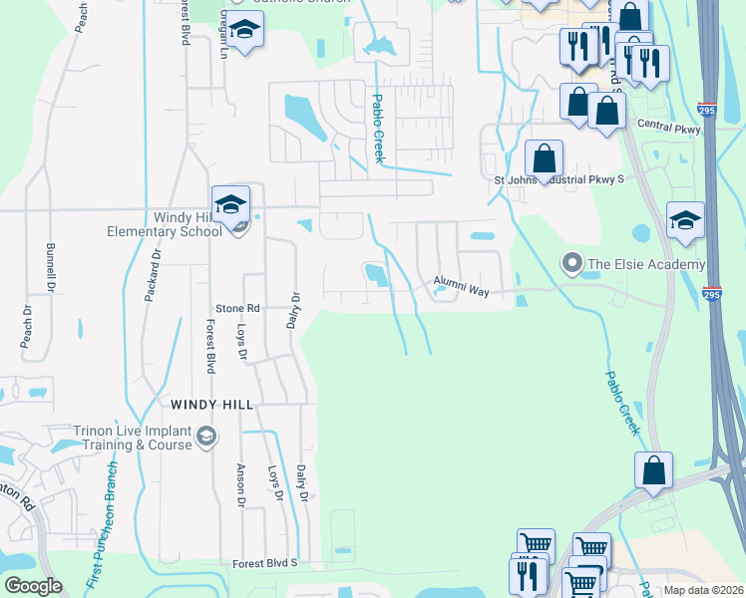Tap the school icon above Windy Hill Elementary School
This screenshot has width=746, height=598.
[230, 204]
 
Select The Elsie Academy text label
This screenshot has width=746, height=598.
[646, 264]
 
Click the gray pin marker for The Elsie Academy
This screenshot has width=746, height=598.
[571, 263]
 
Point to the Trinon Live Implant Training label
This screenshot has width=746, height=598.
[132, 439]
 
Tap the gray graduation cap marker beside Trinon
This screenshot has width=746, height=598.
[206, 435]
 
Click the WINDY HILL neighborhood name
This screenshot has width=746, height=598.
[211, 405]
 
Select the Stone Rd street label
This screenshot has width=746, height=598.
[238, 309]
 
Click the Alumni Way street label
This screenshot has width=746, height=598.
[461, 288]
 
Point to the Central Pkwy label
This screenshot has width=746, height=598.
[668, 128]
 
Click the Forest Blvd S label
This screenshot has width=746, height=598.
[264, 564]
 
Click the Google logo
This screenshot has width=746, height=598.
[33, 586]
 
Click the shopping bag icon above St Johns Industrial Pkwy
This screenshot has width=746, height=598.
[544, 157]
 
